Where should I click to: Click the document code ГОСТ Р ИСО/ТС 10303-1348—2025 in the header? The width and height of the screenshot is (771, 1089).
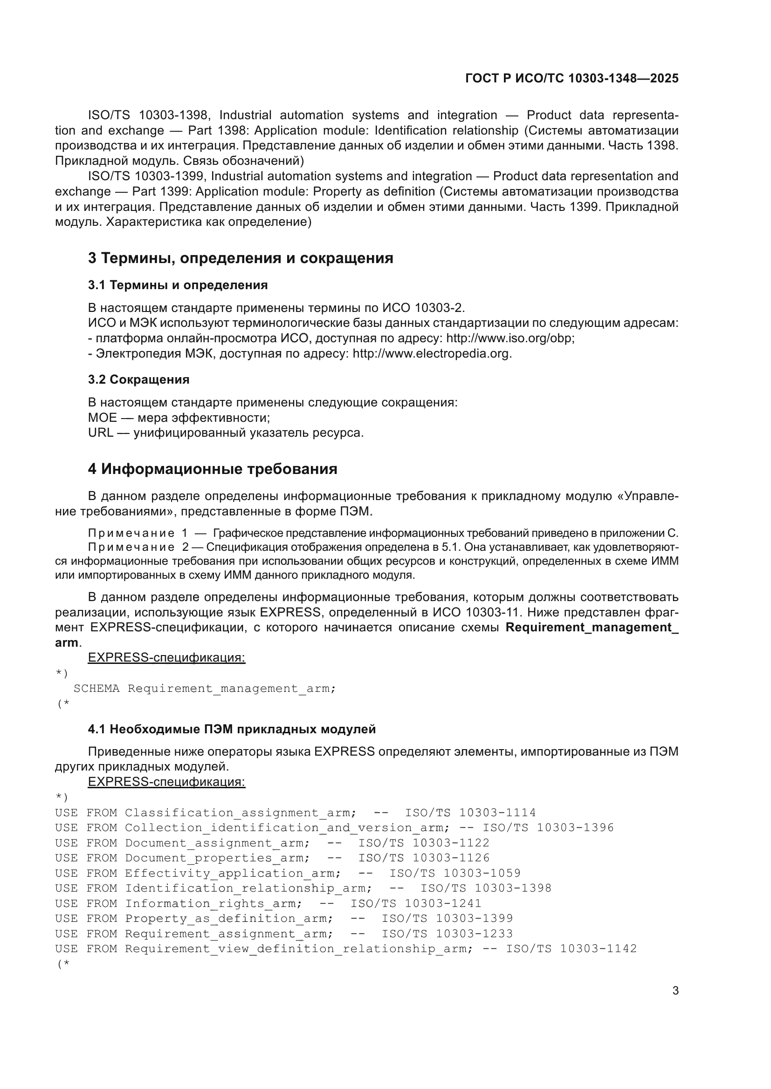click(571, 78)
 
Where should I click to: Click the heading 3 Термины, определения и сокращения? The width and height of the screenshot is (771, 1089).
click(240, 258)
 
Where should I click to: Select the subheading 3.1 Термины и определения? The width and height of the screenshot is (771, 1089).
click(178, 285)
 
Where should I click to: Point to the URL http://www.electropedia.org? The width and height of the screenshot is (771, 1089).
click(432, 354)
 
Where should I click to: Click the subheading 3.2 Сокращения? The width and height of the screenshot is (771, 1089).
click(138, 379)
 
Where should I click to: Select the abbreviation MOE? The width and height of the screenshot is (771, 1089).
click(102, 418)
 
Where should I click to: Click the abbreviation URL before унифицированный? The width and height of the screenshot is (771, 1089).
click(100, 433)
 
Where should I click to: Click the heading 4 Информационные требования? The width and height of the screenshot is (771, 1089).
click(212, 469)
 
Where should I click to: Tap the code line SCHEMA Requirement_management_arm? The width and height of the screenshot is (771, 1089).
click(205, 688)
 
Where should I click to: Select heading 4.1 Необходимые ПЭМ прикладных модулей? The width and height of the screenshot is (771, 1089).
click(232, 729)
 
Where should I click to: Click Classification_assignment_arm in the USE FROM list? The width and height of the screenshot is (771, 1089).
click(240, 812)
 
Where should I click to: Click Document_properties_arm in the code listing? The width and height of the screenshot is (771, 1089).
click(217, 858)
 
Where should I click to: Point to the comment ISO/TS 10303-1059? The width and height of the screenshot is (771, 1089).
click(455, 873)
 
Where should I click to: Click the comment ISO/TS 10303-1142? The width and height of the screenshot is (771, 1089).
click(571, 949)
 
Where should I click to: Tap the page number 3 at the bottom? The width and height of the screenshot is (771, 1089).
click(675, 991)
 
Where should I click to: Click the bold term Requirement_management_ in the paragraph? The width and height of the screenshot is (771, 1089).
click(592, 628)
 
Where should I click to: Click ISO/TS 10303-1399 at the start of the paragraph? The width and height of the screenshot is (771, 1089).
click(146, 176)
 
